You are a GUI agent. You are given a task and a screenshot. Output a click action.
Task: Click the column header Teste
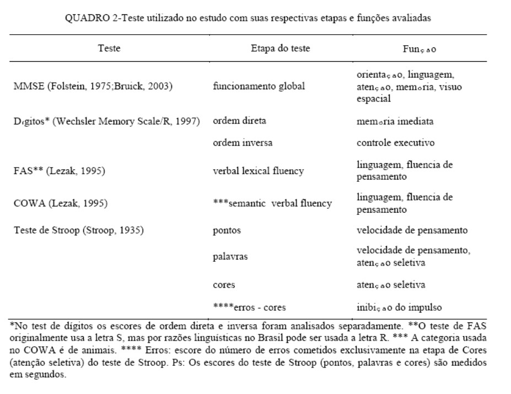coord(109,48)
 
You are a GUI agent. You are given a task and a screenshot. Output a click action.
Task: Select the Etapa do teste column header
coord(280,48)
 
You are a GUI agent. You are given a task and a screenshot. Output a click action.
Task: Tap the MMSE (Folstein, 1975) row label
coord(92,87)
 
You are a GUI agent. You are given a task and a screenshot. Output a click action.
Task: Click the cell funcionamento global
coord(258,87)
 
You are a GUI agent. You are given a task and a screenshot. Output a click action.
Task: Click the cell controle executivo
coord(395,143)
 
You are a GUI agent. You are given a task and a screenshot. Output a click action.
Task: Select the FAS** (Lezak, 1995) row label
coord(60,171)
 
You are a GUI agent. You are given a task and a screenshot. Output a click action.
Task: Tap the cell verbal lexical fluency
coord(258,171)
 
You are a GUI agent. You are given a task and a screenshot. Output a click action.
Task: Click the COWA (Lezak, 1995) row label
coord(61,203)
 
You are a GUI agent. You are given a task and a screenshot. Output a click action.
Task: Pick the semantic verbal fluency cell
coord(272,203)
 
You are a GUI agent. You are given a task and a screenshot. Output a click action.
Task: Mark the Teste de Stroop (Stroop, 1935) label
coord(79,230)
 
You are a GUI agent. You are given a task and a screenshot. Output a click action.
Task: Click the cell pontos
coord(226,230)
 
